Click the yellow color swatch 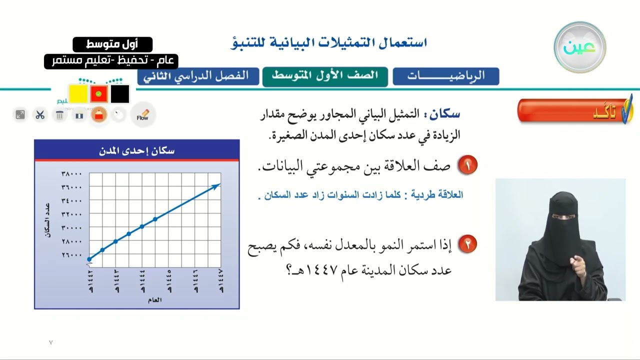(78, 93)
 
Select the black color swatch (120, 93)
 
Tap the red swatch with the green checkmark (99, 93)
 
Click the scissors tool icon (40, 115)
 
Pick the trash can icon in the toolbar (59, 115)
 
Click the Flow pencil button (143, 115)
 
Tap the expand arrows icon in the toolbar (20, 115)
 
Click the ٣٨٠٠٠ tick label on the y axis (71, 174)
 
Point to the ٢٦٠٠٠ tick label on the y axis (71, 255)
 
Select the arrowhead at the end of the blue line (216, 186)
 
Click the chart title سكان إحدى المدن (136, 151)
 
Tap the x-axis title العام (154, 300)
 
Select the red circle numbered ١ (467, 165)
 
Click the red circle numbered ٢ (467, 244)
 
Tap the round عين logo (580, 47)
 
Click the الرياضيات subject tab (445, 76)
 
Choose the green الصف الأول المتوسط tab (325, 76)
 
